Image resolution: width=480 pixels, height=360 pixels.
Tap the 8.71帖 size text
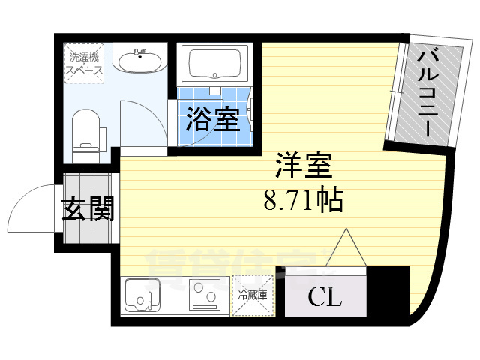(x=303, y=200)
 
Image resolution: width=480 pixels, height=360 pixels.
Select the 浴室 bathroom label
(x=213, y=119)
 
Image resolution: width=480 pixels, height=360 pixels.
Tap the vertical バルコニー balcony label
(x=430, y=91)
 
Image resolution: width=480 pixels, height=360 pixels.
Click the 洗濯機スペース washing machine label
(x=83, y=62)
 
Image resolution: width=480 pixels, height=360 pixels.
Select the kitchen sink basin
(x=141, y=295)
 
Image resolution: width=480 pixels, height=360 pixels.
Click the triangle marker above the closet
(x=345, y=247)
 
